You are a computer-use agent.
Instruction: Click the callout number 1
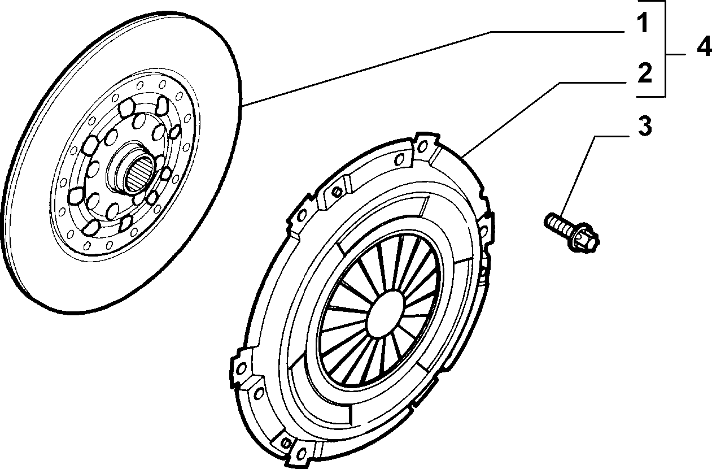pyautogui.click(x=643, y=23)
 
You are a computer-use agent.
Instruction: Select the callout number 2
pyautogui.click(x=644, y=73)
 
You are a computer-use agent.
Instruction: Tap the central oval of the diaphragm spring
pyautogui.click(x=386, y=314)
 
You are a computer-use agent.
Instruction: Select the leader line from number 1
pyautogui.click(x=433, y=68)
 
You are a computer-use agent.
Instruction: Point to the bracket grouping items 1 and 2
pyautogui.click(x=665, y=49)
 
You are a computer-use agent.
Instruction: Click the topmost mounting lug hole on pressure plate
pyautogui.click(x=422, y=146)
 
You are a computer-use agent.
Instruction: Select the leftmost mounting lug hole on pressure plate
pyautogui.click(x=242, y=368)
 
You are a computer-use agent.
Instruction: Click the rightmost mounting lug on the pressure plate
pyautogui.click(x=486, y=228)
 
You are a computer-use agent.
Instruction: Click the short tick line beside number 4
pyautogui.click(x=676, y=55)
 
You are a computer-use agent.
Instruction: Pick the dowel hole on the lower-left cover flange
pyautogui.click(x=259, y=393)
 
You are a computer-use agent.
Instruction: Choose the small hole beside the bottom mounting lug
pyautogui.click(x=286, y=443)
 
